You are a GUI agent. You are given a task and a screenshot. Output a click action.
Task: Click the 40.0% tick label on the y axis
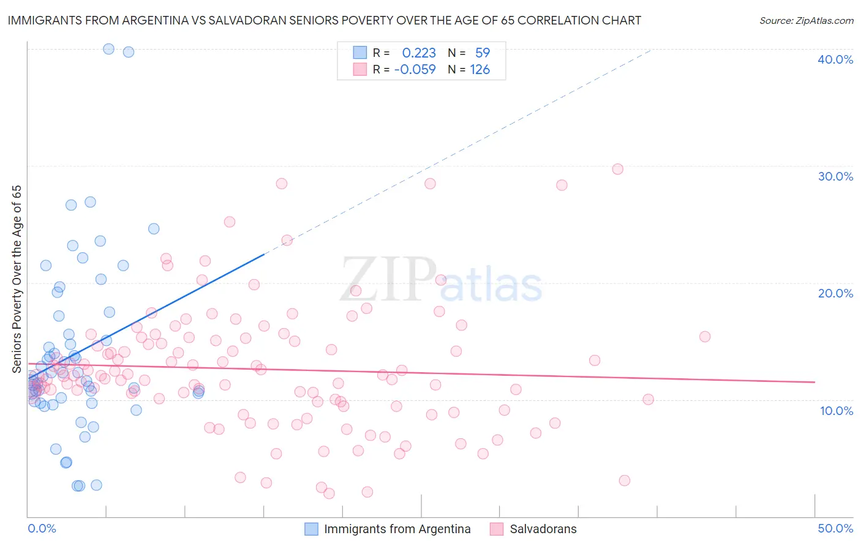835,59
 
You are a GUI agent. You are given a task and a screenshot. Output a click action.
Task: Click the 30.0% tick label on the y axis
835,176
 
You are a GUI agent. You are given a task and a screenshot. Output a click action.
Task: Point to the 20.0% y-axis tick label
835,293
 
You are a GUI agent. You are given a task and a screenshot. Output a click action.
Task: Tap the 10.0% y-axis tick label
835,411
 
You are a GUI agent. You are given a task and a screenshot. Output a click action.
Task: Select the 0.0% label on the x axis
42,528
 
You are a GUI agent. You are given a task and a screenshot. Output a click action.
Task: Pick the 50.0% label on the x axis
835,528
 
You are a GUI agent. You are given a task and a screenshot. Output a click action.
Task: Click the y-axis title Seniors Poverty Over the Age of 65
17,279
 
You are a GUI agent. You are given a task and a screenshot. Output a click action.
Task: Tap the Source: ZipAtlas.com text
806,20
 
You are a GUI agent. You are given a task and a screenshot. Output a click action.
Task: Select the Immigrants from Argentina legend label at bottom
397,529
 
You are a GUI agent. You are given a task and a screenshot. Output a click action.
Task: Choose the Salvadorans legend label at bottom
543,529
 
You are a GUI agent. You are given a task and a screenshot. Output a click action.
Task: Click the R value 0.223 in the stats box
419,53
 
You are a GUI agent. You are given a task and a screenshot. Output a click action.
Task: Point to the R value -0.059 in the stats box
415,70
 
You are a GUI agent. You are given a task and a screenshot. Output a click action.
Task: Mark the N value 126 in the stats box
479,70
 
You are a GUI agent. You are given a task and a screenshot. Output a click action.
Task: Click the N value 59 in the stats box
483,53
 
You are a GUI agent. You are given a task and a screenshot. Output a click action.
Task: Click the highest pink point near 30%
617,169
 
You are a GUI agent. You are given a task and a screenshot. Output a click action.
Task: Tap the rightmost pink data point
705,337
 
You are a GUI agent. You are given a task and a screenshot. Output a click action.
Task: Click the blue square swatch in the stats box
359,53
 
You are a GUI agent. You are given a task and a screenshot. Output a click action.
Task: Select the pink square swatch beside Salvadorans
496,529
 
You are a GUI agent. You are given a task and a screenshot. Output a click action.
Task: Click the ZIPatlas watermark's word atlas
491,285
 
